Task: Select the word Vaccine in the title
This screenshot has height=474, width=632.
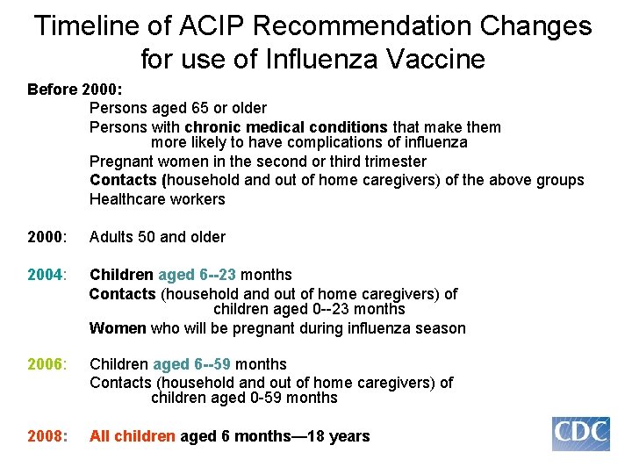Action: (x=429, y=60)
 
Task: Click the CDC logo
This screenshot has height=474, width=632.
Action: (x=580, y=434)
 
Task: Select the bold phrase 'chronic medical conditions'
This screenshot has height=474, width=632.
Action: (x=286, y=127)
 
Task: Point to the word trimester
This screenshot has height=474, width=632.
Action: (x=392, y=162)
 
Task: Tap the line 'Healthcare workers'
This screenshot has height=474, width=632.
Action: (x=157, y=199)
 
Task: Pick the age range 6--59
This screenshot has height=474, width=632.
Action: (x=215, y=364)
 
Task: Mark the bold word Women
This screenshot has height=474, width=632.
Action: (x=118, y=328)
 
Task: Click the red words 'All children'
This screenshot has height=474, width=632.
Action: (x=133, y=436)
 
